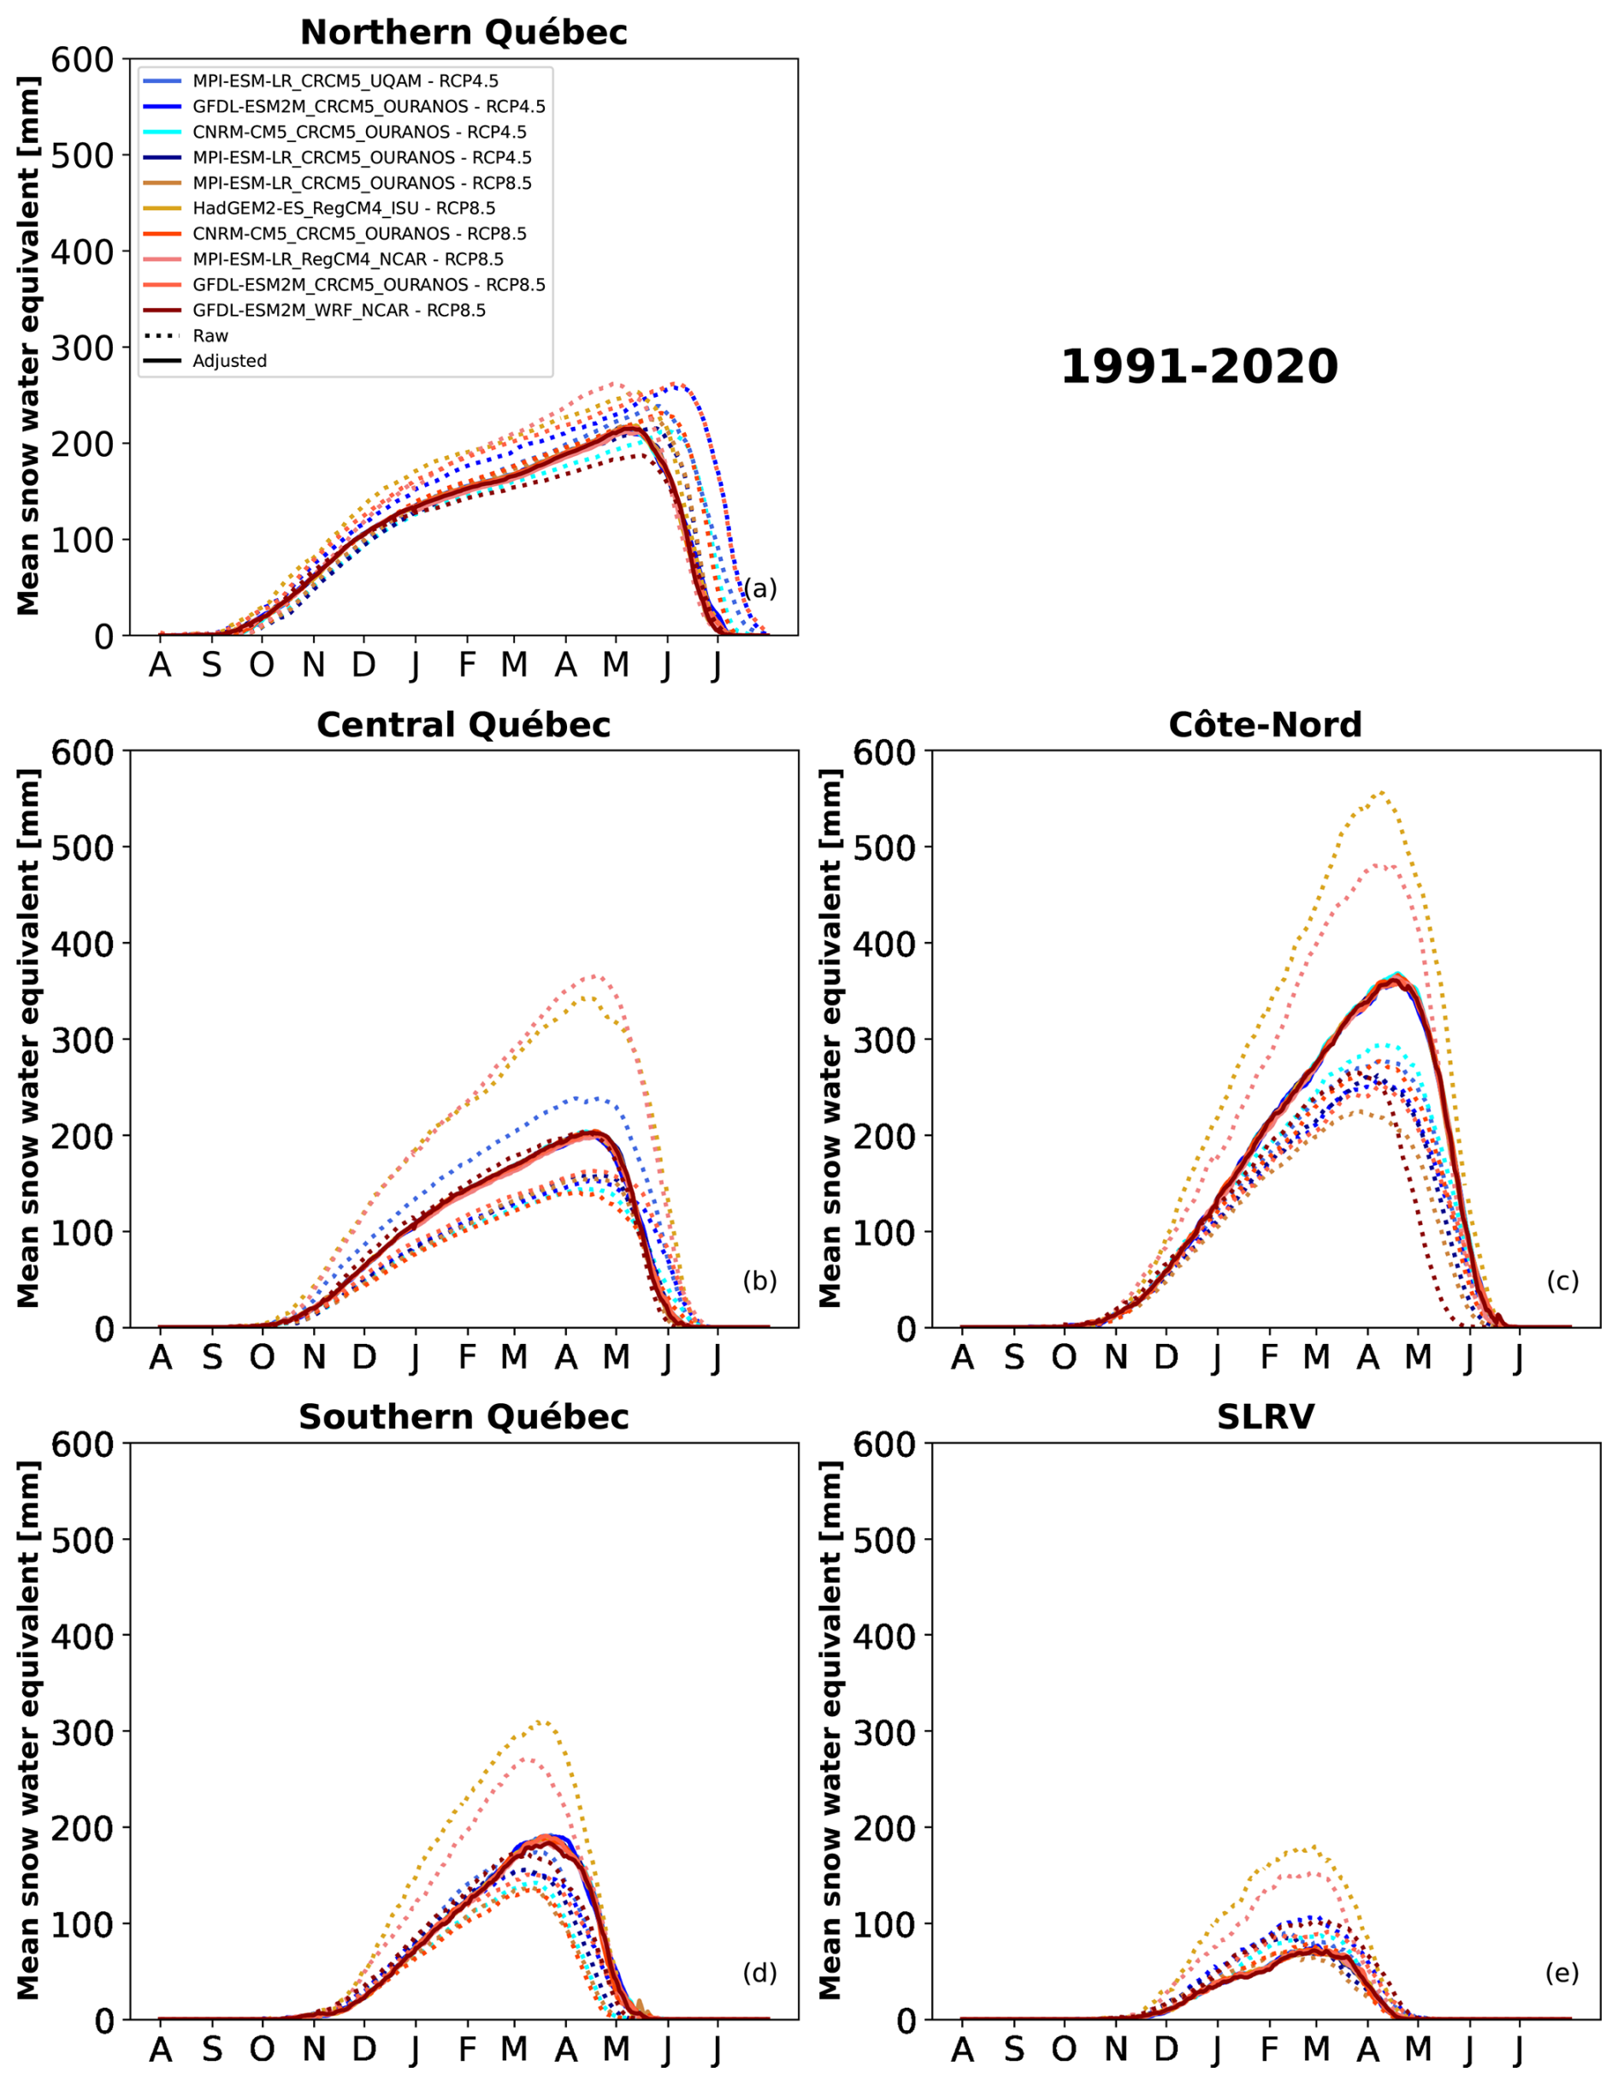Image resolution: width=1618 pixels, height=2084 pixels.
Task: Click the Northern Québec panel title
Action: (464, 33)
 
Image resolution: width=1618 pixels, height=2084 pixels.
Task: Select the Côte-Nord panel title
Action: (1265, 725)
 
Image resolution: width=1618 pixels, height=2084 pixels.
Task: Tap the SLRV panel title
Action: (1265, 1417)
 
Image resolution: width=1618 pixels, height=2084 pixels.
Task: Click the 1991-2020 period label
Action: (1199, 367)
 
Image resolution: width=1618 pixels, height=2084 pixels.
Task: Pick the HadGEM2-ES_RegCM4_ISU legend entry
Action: (344, 208)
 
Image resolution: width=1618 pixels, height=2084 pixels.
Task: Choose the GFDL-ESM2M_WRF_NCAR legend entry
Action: (339, 310)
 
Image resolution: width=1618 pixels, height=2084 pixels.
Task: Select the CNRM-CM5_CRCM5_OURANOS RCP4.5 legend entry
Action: (358, 132)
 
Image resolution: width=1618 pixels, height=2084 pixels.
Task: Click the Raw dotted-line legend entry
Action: (210, 336)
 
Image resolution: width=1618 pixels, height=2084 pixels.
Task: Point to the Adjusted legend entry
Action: (229, 361)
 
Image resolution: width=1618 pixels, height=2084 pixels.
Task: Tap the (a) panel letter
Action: (760, 589)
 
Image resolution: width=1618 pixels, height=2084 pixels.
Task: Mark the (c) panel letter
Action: (1562, 1281)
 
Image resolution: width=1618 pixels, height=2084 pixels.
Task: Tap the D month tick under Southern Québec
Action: (363, 2049)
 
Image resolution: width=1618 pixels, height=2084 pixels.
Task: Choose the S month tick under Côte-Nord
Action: (1014, 1357)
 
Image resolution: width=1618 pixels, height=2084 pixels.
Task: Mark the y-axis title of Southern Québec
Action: (28, 1731)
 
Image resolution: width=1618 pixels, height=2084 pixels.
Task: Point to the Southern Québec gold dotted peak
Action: (543, 1721)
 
